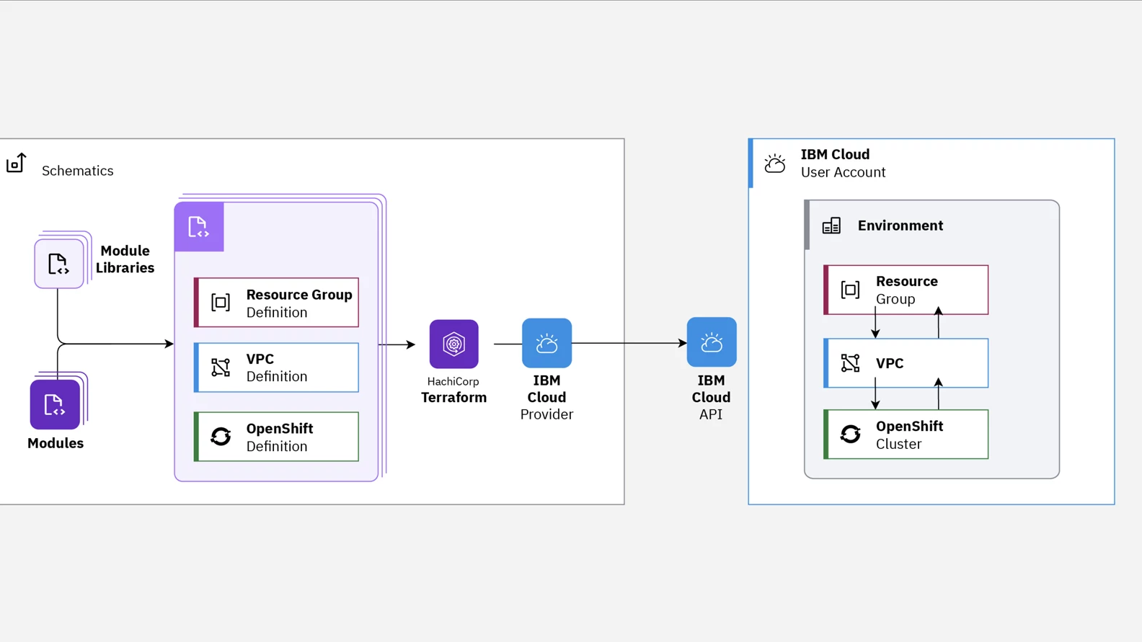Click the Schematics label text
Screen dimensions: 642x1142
(77, 171)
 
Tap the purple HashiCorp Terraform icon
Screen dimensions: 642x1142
(453, 344)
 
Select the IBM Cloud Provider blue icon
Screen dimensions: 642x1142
(546, 343)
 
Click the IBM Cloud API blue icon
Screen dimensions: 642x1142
(711, 342)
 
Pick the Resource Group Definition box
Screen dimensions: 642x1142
(277, 303)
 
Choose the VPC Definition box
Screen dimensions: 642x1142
(277, 367)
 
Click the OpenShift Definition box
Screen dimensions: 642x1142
(277, 437)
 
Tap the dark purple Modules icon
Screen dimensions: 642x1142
(55, 404)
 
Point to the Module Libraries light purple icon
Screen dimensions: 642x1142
(58, 264)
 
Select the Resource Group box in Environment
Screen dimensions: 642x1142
(906, 290)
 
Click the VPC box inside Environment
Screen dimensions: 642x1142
(906, 363)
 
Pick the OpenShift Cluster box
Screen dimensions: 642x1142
(906, 434)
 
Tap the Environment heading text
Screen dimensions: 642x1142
(900, 226)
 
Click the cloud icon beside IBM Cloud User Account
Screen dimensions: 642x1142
(775, 164)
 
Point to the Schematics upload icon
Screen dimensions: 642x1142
(16, 164)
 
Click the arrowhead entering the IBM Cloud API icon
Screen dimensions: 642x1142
(682, 343)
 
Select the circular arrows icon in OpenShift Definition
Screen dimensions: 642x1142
(221, 437)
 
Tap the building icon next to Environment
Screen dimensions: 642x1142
(831, 226)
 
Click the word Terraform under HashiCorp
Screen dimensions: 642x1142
(453, 397)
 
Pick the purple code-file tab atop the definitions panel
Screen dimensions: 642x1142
(199, 227)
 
